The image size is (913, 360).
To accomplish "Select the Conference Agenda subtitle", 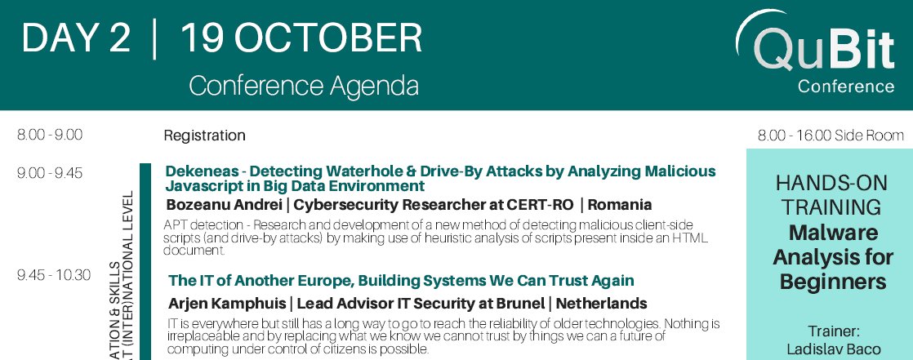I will click(304, 86).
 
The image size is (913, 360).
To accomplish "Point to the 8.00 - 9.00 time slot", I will click(50, 135).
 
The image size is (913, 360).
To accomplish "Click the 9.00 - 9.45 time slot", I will click(50, 172).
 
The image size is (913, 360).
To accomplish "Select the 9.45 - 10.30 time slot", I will click(54, 275).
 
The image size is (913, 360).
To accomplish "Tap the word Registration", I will click(204, 136).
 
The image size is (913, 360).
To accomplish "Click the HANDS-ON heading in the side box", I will click(830, 184).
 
